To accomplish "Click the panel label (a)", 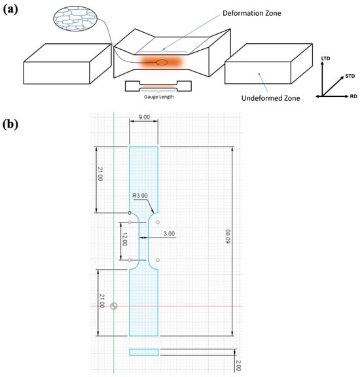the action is pos(10,10).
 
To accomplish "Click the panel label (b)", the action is pos(10,124).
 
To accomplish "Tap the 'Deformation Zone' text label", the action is pos(251,13).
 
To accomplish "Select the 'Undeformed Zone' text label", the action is pos(270,98).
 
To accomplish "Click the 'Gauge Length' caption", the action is pos(158,97).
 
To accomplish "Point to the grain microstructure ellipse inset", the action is pos(75,18).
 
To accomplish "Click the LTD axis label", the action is pos(325,58).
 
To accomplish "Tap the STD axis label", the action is pos(350,76).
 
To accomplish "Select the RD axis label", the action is pos(353,96).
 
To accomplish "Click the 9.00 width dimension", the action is pos(144,117).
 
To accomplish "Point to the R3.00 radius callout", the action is pos(140,196).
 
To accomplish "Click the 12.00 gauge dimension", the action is pos(124,240).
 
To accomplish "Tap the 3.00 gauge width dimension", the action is pos(169,234).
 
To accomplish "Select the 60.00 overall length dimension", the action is pos(228,236).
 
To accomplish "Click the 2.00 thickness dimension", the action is pos(238,365).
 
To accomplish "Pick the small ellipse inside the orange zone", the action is pos(162,63).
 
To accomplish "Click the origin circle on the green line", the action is pos(114,306).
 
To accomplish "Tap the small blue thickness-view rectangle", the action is pos(144,352).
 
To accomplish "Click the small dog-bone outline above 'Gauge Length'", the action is pos(158,86).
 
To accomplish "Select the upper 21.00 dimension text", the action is pos(100,174).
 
